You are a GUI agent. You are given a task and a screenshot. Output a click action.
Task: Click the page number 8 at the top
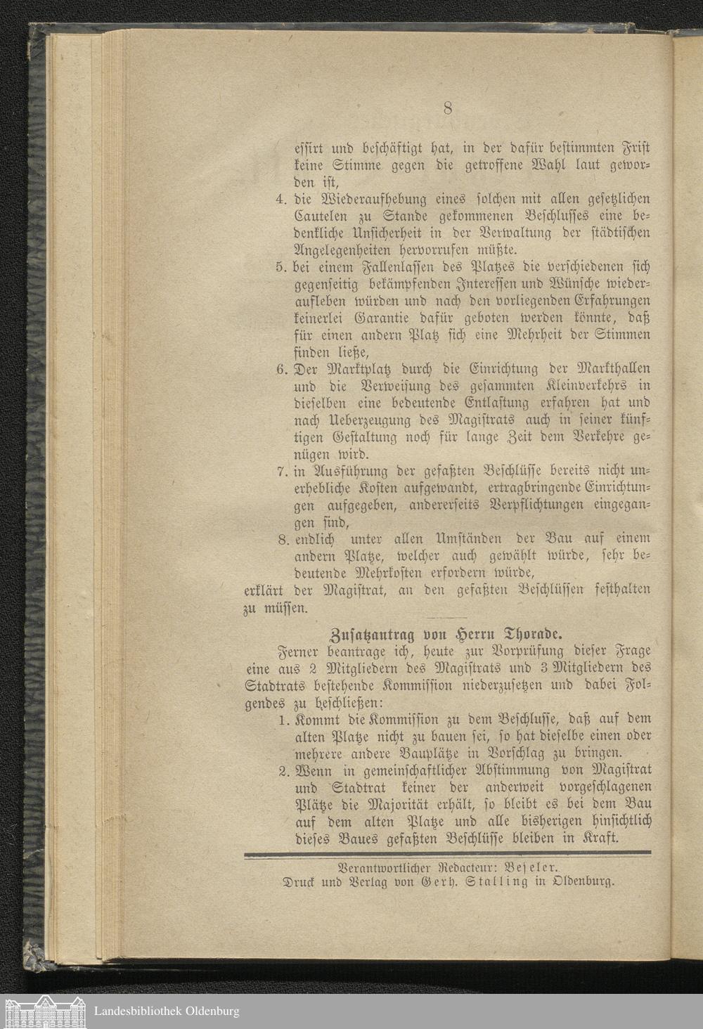[x=447, y=108]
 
